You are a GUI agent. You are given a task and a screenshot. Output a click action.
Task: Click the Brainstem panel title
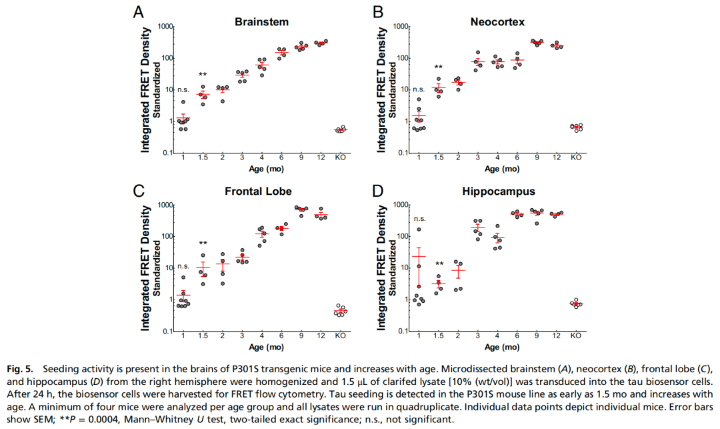(x=261, y=21)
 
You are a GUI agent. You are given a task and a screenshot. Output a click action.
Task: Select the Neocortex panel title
(x=497, y=21)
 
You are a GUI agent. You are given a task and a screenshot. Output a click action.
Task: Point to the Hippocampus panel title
(x=498, y=192)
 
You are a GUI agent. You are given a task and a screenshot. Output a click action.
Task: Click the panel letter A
(x=138, y=11)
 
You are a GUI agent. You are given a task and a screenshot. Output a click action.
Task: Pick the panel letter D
(x=377, y=191)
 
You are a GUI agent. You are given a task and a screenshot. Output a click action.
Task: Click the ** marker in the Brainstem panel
(x=203, y=75)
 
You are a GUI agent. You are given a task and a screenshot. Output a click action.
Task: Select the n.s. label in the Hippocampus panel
(x=419, y=218)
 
